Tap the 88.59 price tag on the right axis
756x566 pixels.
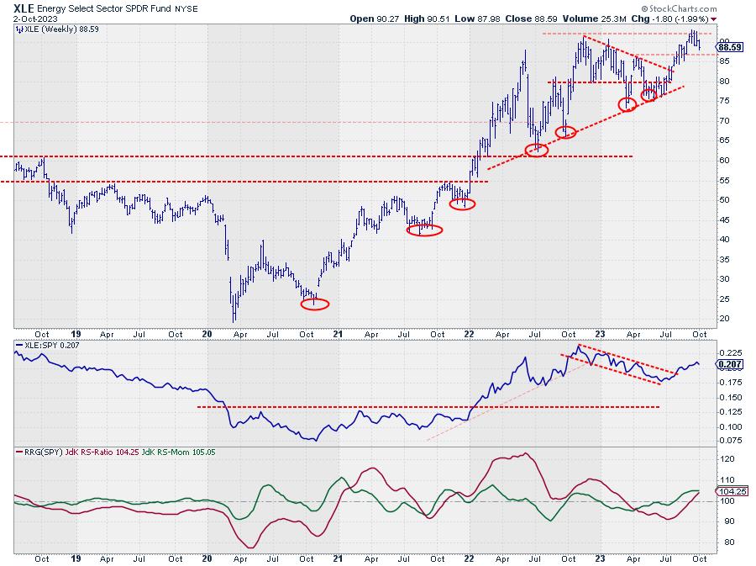point(729,48)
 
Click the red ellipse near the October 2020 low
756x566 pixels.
point(314,304)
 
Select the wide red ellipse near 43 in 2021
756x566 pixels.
point(424,230)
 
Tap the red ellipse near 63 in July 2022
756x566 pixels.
point(536,151)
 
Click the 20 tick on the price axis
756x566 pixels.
point(722,319)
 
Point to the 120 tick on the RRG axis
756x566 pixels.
point(724,459)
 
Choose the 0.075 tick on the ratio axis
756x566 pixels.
point(727,440)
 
